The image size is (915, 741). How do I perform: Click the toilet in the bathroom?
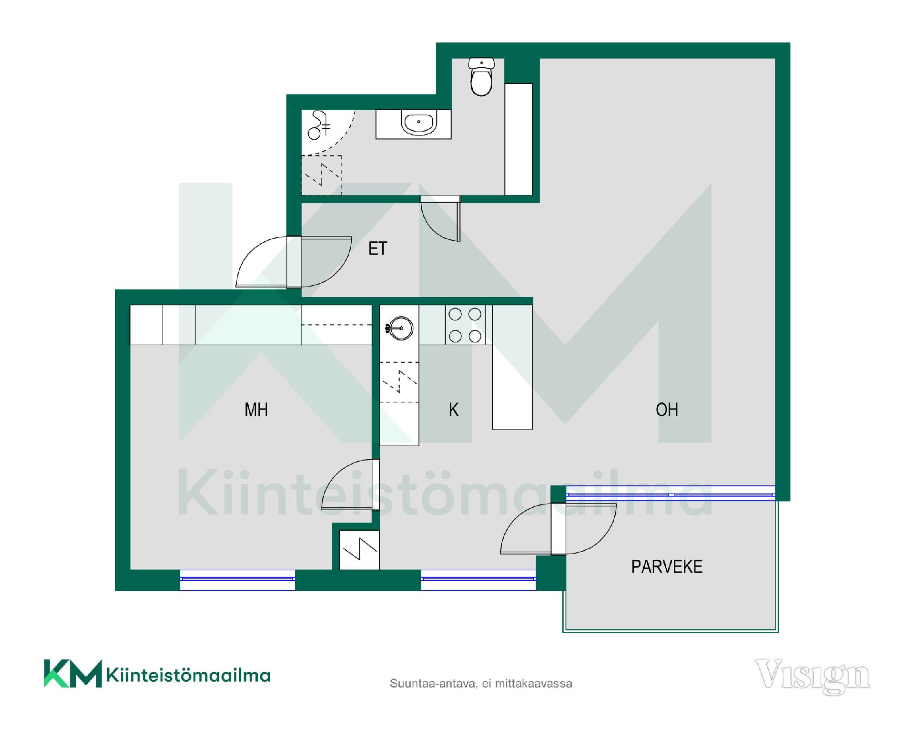click(x=481, y=77)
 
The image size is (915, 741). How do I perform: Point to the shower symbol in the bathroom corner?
click(x=318, y=125)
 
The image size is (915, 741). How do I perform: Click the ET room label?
click(x=378, y=248)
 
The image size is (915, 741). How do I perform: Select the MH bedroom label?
click(x=256, y=410)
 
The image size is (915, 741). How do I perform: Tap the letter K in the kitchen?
click(x=454, y=410)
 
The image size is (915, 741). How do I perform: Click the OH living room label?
click(x=667, y=410)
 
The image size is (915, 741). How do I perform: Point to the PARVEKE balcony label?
click(x=667, y=566)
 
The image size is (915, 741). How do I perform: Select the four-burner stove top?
click(x=465, y=325)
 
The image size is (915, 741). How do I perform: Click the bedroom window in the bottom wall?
click(x=237, y=579)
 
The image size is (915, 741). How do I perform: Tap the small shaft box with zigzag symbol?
click(x=359, y=550)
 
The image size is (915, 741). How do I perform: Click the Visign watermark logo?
click(x=813, y=676)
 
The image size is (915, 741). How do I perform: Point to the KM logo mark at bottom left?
click(x=73, y=673)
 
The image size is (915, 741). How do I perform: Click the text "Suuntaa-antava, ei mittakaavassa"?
click(x=481, y=683)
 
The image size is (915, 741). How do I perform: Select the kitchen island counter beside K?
click(x=512, y=367)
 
